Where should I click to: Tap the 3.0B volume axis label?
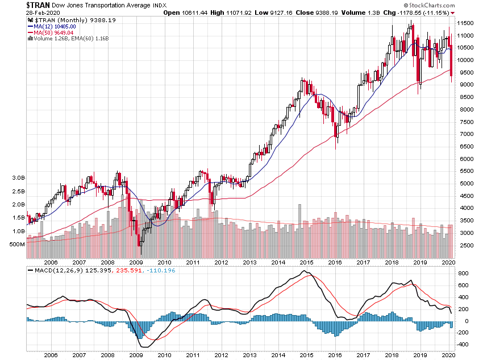[19, 177]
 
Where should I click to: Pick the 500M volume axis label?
[17, 245]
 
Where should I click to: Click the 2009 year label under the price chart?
[136, 263]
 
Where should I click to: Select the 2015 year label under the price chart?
[306, 263]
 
